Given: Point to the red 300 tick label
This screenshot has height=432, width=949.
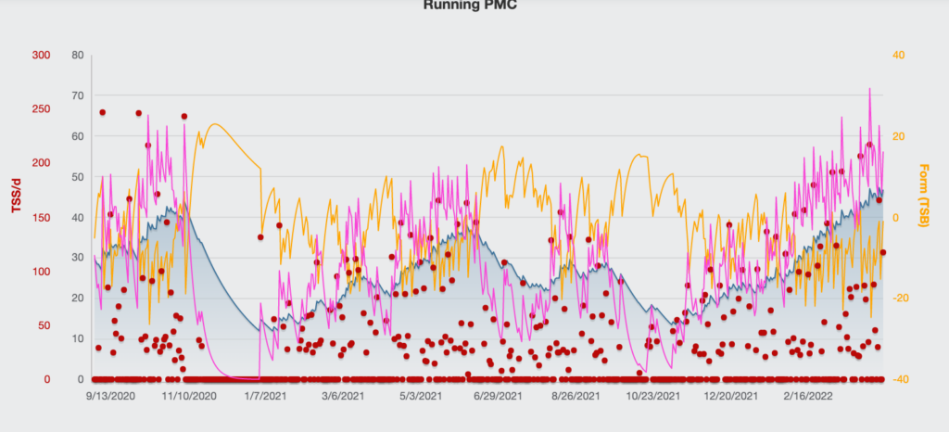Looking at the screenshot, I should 41,55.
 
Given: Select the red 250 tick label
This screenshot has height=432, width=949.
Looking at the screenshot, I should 41,109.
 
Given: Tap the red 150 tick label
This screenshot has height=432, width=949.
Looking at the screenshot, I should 41,217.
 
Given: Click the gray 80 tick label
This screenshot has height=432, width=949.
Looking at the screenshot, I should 78,55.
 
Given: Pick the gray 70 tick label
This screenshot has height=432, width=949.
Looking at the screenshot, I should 78,95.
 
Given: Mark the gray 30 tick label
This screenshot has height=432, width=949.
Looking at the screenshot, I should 78,258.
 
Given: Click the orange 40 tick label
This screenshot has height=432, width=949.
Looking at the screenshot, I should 897,55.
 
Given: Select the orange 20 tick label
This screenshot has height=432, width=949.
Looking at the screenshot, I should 897,136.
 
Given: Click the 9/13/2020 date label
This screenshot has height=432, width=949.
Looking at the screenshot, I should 111,396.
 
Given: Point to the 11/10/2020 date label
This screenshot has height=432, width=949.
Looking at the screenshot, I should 189,396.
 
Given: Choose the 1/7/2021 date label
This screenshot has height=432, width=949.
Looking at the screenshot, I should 265,396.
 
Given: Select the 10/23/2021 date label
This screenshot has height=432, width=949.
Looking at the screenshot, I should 653,396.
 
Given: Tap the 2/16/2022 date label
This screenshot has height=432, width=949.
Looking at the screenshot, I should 809,396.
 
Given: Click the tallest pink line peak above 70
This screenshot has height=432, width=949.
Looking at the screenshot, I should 869,89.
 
